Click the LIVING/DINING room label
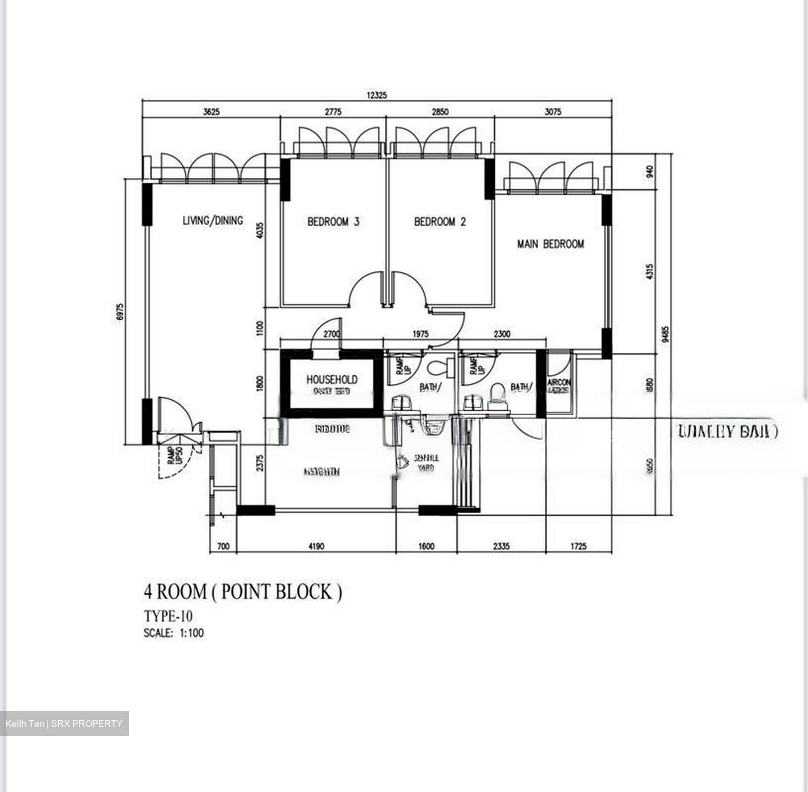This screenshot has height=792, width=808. pyautogui.click(x=213, y=220)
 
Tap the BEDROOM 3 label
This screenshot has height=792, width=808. pyautogui.click(x=333, y=222)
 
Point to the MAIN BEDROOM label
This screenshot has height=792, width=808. pyautogui.click(x=550, y=244)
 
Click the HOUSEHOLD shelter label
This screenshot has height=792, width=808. pyautogui.click(x=332, y=380)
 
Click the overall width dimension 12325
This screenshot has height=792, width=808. pyautogui.click(x=377, y=95)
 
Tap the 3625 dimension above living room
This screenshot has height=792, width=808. pyautogui.click(x=211, y=112)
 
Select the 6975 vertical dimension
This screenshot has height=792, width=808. pyautogui.click(x=120, y=312)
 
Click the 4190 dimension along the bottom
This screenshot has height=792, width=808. pyautogui.click(x=316, y=546)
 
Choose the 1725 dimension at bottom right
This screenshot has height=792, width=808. pyautogui.click(x=577, y=546)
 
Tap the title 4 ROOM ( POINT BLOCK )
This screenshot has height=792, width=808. pyautogui.click(x=242, y=592)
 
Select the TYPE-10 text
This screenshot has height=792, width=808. pyautogui.click(x=168, y=616)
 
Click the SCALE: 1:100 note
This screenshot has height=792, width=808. pyautogui.click(x=174, y=633)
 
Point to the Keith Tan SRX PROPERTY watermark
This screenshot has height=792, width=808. pyautogui.click(x=64, y=724)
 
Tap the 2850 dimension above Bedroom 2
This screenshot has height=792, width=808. pyautogui.click(x=440, y=112)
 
